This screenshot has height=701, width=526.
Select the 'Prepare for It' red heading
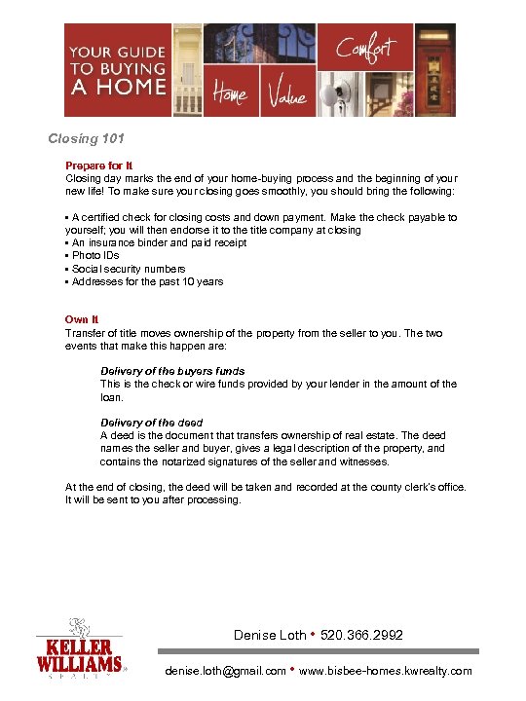click(x=93, y=166)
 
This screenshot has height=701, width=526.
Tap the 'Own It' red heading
click(x=82, y=319)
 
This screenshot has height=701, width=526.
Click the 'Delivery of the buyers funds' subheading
click(x=172, y=371)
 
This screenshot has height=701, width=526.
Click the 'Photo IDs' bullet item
click(x=95, y=256)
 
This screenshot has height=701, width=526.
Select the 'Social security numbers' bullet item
click(x=129, y=269)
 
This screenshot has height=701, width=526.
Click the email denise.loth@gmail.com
click(x=226, y=671)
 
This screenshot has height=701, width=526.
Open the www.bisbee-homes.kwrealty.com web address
click(x=387, y=671)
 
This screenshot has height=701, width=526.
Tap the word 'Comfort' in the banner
click(x=365, y=48)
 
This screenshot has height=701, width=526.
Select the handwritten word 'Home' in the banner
click(x=230, y=94)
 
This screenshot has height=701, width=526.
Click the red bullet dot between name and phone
click(x=310, y=636)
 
